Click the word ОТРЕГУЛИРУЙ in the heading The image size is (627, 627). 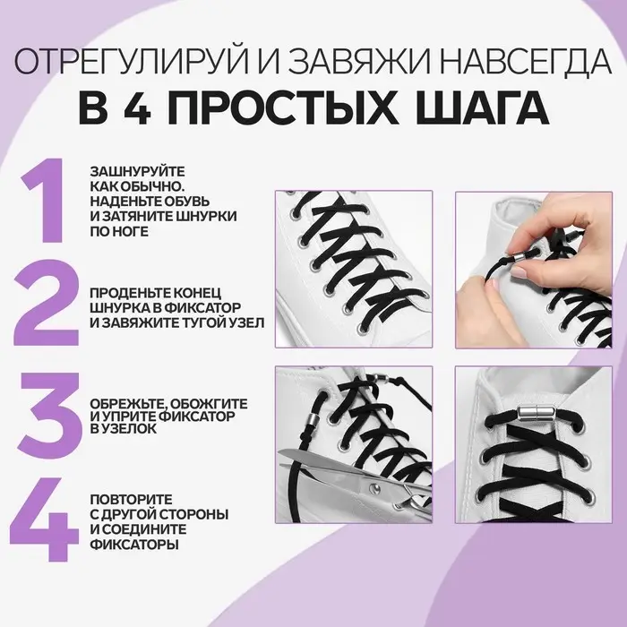[117, 64]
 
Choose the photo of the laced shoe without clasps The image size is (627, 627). [353, 269]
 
